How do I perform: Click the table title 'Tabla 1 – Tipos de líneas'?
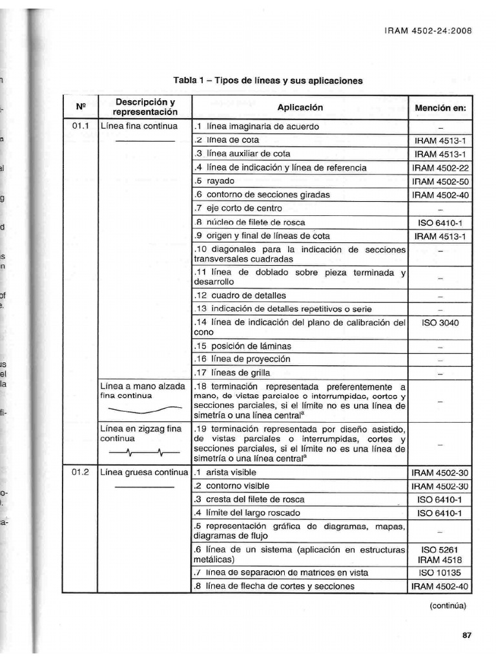[267, 81]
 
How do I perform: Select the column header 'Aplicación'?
[300, 107]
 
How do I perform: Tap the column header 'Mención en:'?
[440, 107]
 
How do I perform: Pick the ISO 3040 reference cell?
[440, 322]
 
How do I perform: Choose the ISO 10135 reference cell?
[440, 573]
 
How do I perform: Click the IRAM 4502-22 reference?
[440, 167]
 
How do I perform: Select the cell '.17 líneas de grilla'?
[232, 372]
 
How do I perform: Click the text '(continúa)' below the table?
[448, 606]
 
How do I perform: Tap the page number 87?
[467, 635]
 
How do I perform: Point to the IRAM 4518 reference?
[440, 560]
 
